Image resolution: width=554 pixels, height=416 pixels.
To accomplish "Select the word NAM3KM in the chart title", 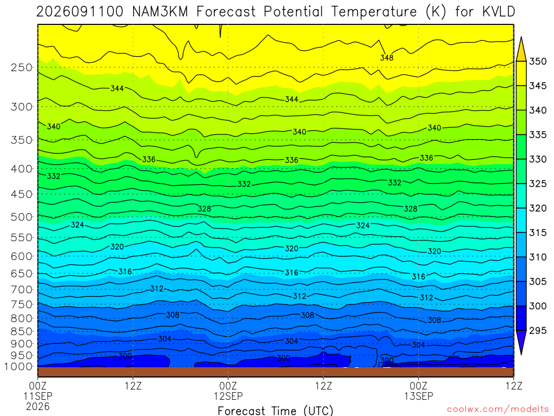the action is [x=160, y=12].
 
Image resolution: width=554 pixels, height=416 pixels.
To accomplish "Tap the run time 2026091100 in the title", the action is [x=80, y=12].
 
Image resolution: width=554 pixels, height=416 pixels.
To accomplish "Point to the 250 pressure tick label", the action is [x=22, y=67].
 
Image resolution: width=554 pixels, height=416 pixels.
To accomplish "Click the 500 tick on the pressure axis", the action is [x=22, y=217].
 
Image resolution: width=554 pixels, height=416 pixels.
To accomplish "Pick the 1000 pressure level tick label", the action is [x=19, y=367].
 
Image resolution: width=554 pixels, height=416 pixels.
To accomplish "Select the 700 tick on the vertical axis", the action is [x=22, y=289].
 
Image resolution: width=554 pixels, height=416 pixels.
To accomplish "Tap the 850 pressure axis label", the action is [x=22, y=331].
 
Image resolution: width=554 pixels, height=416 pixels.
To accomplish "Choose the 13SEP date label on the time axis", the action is [x=419, y=396].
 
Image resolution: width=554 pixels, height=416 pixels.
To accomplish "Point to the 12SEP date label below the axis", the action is [x=228, y=396].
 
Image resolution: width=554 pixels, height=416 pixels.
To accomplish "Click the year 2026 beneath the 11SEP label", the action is [x=38, y=406].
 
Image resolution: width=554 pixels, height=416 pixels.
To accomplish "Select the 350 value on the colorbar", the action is [x=538, y=61].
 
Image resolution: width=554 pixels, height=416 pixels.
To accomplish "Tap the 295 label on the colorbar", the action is [x=538, y=330].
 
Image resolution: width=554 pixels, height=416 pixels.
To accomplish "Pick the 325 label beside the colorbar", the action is [x=538, y=184].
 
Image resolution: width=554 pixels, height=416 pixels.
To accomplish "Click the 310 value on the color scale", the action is [x=538, y=257].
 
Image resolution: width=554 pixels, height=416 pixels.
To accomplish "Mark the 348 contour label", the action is [x=387, y=57].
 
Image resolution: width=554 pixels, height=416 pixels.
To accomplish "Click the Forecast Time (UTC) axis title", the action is [x=275, y=411].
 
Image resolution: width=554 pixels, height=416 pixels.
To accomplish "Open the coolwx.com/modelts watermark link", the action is [x=498, y=409].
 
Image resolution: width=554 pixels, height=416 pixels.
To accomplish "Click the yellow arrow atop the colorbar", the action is [x=521, y=49].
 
